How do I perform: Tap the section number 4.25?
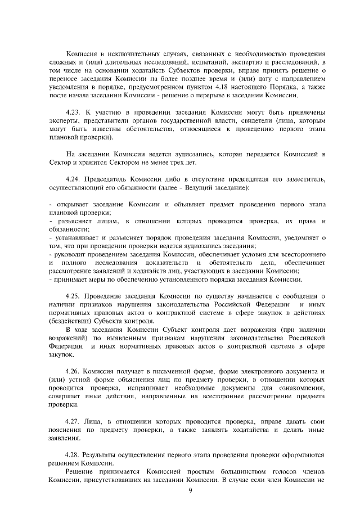[73, 295]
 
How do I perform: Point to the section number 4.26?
[73, 372]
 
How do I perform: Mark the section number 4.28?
[73, 453]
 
